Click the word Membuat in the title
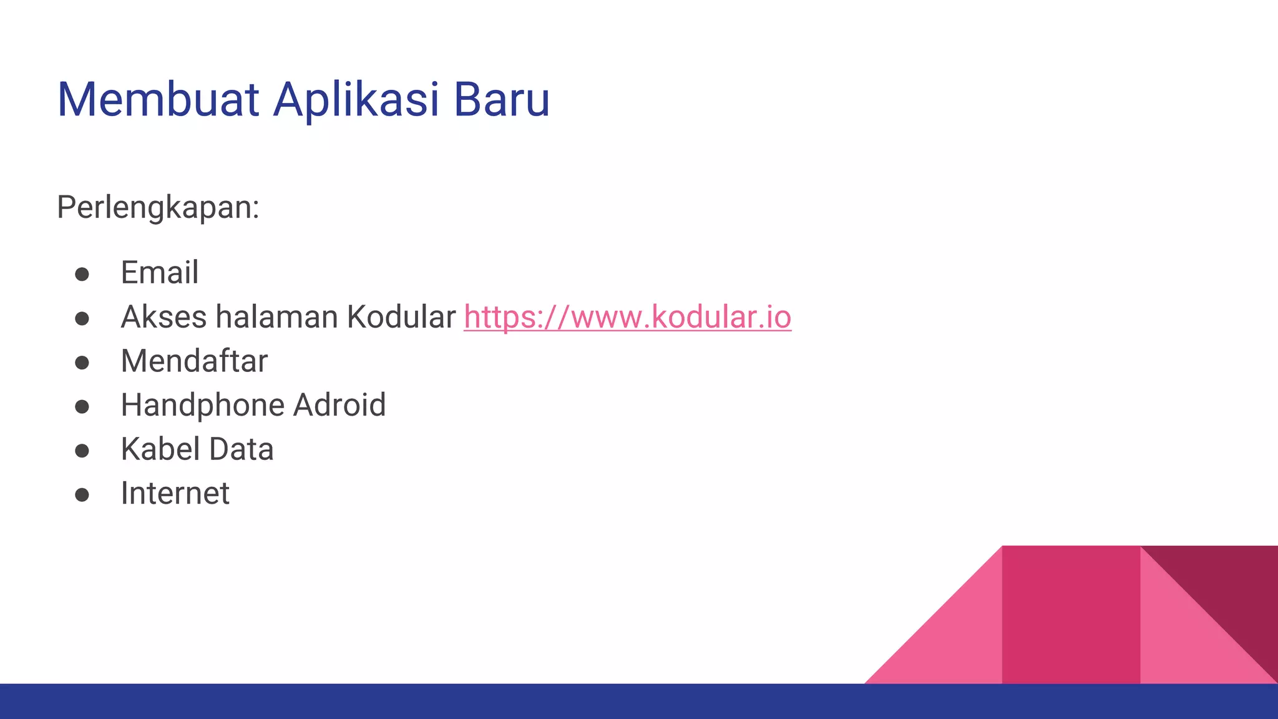pyautogui.click(x=157, y=100)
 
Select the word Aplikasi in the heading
pyautogui.click(x=356, y=100)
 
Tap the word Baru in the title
pyautogui.click(x=501, y=100)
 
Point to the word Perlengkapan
pyautogui.click(x=158, y=207)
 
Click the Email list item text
pyautogui.click(x=160, y=273)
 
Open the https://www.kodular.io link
pyautogui.click(x=627, y=317)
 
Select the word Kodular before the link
pyautogui.click(x=401, y=317)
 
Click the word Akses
pyautogui.click(x=163, y=317)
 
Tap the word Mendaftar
pyautogui.click(x=194, y=361)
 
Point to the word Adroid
pyautogui.click(x=339, y=406)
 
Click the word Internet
pyautogui.click(x=175, y=494)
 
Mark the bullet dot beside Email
pyautogui.click(x=82, y=275)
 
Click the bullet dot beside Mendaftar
pyautogui.click(x=82, y=363)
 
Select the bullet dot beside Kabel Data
pyautogui.click(x=82, y=451)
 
